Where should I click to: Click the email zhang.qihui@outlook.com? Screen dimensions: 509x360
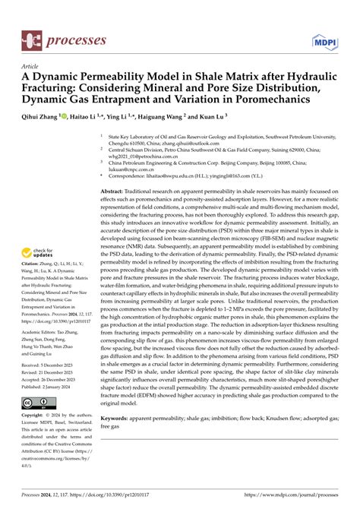pos(170,142)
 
